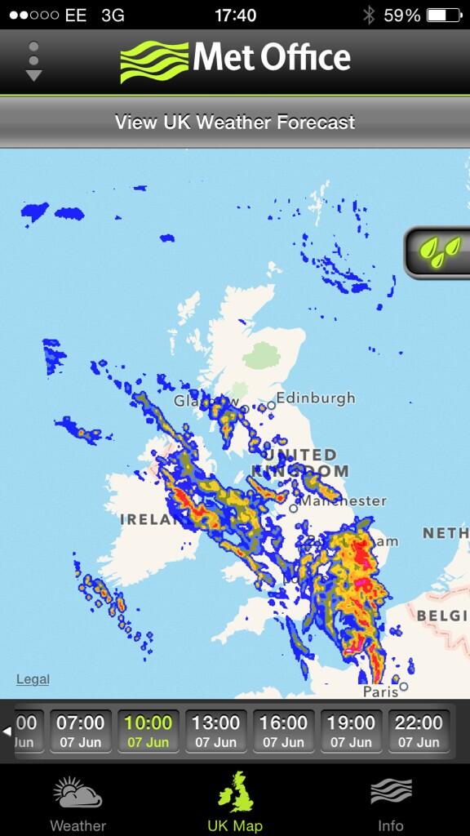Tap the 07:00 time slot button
coord(81,731)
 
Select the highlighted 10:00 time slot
coord(149,731)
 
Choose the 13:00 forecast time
coord(216,731)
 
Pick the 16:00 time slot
coord(284,731)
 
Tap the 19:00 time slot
coord(352,731)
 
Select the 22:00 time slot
coord(419,731)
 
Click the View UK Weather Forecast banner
coord(235,122)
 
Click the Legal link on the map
coord(33,679)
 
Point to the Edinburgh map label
coord(315,398)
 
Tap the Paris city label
coord(381,691)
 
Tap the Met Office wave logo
coord(154,61)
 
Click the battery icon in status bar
coord(444,16)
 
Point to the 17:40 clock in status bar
coord(235,16)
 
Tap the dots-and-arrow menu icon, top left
coord(33,61)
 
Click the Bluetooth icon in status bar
coord(368,16)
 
